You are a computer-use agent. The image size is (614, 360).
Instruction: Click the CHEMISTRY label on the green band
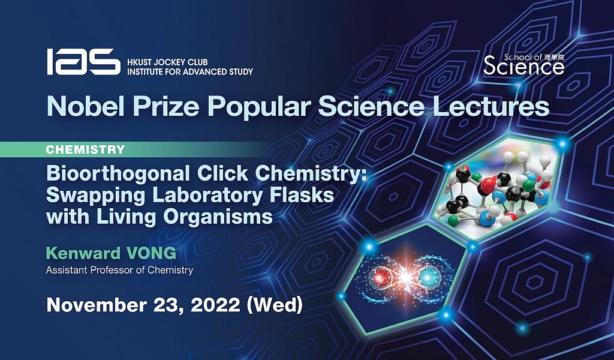coord(85,149)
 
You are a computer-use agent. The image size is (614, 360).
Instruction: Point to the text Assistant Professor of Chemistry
coord(120,270)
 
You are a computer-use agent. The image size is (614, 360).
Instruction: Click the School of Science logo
coord(523,64)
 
